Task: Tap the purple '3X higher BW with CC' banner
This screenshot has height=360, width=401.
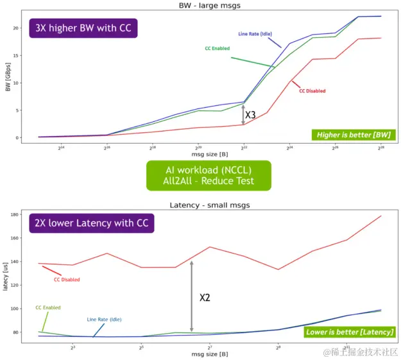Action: pyautogui.click(x=83, y=29)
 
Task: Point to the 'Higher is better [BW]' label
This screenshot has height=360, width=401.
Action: pyautogui.click(x=353, y=135)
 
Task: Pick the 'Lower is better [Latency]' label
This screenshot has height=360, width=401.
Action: pyautogui.click(x=349, y=332)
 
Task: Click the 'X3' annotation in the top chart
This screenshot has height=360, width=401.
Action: pyautogui.click(x=251, y=116)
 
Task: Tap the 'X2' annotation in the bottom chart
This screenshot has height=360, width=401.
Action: pyautogui.click(x=205, y=298)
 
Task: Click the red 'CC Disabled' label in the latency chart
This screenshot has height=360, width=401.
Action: pyautogui.click(x=67, y=279)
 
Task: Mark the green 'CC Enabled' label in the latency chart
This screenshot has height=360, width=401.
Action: pyautogui.click(x=48, y=307)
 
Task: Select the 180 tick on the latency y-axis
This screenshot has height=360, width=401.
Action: pyautogui.click(x=13, y=214)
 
